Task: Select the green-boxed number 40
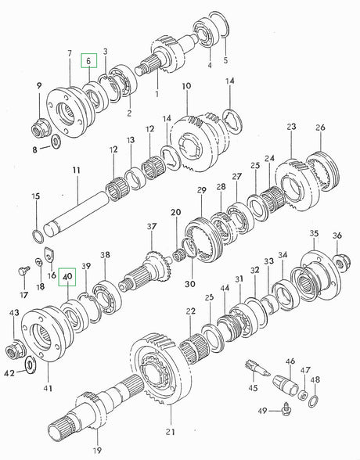point(67,275)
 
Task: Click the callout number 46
point(290,361)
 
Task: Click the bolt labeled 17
point(21,271)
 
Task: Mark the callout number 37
point(152,227)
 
